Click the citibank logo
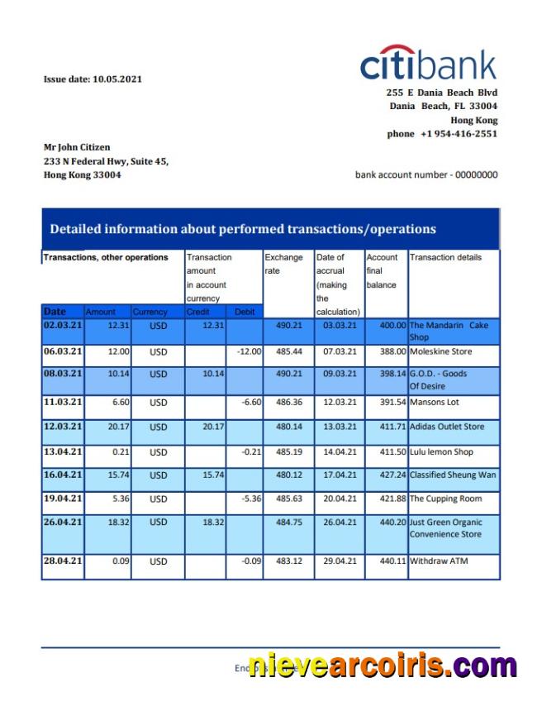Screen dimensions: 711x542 (428, 64)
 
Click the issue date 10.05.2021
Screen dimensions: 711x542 (93, 79)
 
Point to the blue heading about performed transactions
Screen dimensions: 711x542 (243, 229)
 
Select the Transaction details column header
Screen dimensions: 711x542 (445, 257)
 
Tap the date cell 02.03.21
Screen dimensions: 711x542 (63, 326)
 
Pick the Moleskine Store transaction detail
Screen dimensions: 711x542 (440, 352)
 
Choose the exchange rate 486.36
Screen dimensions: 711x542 (288, 403)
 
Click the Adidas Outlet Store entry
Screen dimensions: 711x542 (447, 427)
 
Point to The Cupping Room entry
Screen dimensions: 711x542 (445, 499)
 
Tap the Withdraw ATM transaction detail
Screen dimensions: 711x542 (439, 561)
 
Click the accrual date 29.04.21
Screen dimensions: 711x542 (340, 561)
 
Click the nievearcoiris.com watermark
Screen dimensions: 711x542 (381, 666)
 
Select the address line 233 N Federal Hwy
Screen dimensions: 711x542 (106, 161)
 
